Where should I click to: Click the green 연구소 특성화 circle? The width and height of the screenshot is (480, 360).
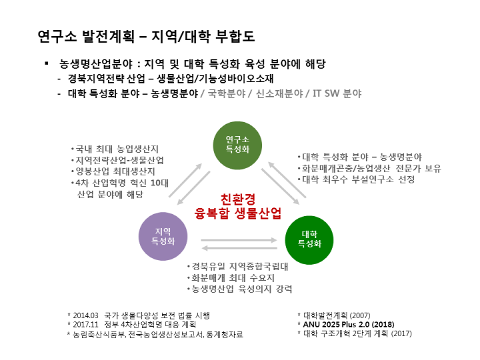pos(237,145)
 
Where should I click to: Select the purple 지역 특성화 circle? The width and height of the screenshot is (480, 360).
pos(162,236)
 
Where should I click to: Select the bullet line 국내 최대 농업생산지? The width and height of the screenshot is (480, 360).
pos(114,149)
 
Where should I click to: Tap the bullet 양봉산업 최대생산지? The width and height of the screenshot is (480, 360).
pos(115,171)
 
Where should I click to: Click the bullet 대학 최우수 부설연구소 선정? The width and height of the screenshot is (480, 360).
pos(357,180)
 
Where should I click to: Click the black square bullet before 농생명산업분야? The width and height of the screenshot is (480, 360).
pos(47,63)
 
